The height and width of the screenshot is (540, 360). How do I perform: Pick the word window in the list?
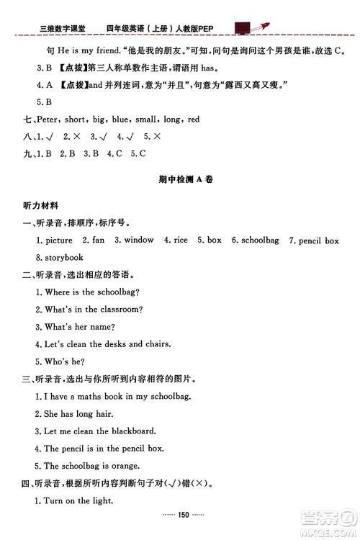138,240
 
